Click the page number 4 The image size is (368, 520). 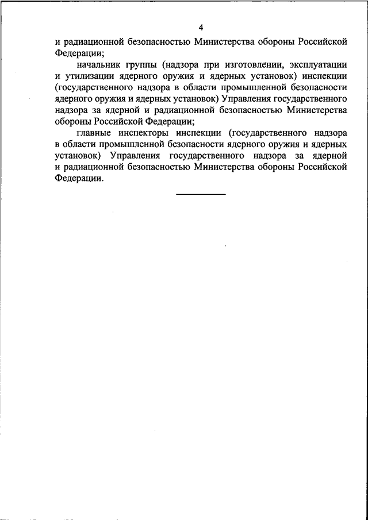tap(201, 28)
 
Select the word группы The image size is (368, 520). tap(142, 64)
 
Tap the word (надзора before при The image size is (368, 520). tap(185, 64)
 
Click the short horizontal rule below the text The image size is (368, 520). tap(201, 194)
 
